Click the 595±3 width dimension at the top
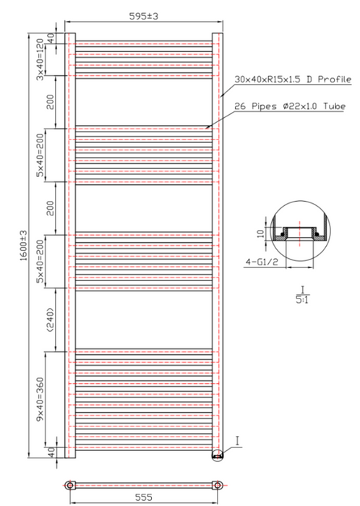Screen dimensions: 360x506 point(144,16)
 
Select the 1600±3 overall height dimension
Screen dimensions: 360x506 point(24,246)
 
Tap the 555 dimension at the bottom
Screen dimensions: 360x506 point(144,497)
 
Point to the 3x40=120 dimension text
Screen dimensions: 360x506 point(40,59)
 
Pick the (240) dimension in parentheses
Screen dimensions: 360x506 point(51,320)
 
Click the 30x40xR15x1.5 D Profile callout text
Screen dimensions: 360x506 point(293,80)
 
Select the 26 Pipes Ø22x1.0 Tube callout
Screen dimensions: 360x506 point(290,106)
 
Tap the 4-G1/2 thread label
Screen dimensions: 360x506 point(262,262)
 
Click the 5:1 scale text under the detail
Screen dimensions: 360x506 point(302,300)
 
